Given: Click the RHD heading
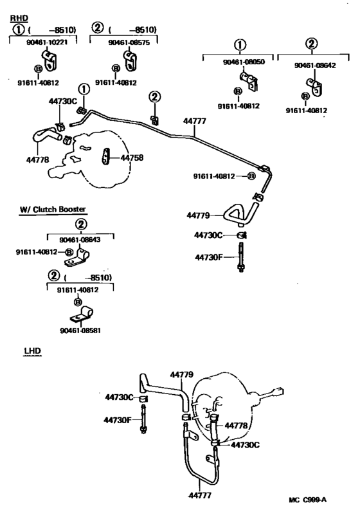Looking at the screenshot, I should click(x=19, y=19).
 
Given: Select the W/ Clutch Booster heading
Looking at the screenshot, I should click(x=53, y=209).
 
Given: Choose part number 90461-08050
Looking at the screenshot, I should click(x=240, y=62).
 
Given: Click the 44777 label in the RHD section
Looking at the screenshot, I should click(x=195, y=120).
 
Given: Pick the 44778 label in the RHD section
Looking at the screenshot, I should click(x=38, y=159).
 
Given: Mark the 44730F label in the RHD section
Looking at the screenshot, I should click(x=210, y=257).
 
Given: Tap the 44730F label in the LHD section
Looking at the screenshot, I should click(x=118, y=420).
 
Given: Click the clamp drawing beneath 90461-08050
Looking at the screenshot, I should click(x=247, y=82).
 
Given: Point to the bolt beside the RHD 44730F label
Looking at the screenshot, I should click(x=240, y=258).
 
